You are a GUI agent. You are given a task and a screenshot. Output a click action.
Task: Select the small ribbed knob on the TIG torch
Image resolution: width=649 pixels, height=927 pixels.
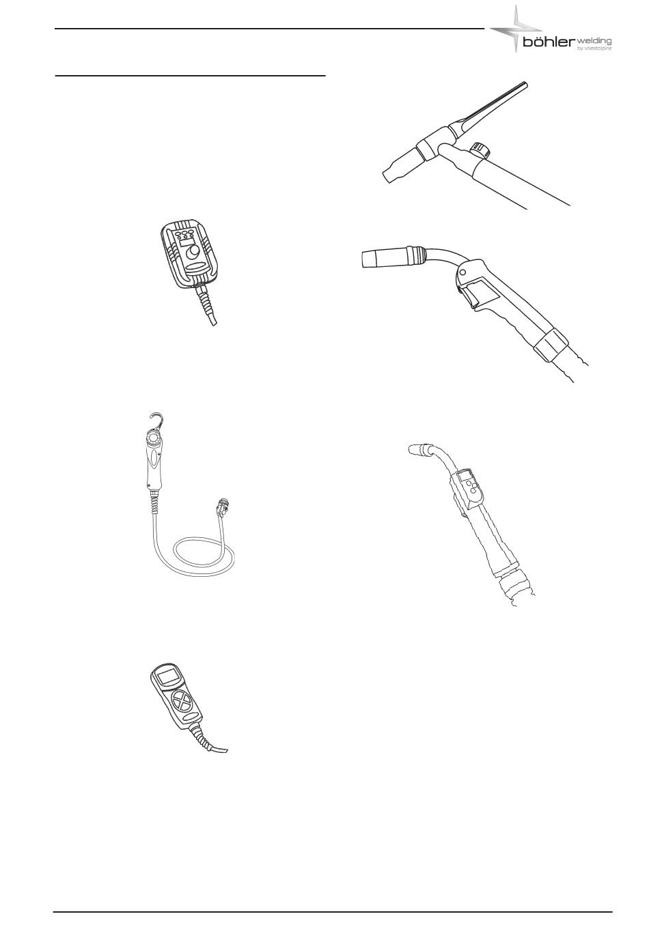point(480,149)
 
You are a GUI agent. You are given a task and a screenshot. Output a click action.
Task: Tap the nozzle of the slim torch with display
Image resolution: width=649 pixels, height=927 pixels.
point(419,450)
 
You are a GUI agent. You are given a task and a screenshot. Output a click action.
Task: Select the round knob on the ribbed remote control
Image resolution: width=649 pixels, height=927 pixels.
point(193,252)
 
